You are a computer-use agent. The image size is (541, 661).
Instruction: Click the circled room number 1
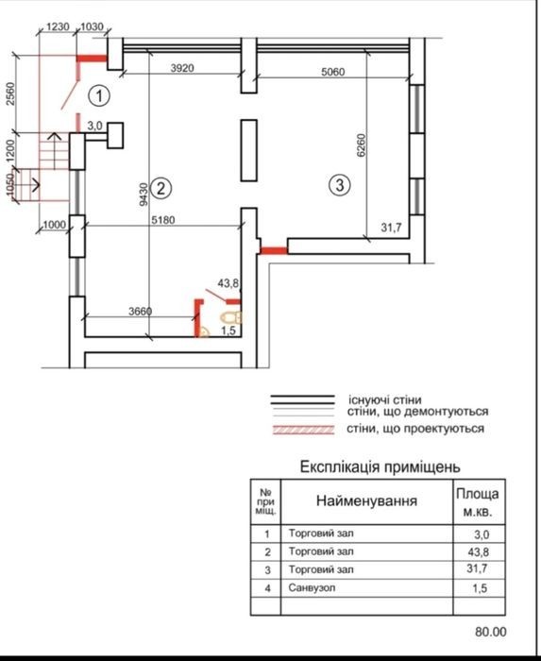tap(99, 96)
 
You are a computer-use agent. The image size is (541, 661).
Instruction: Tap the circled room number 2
tap(161, 188)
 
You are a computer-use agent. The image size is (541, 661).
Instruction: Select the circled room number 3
tap(340, 185)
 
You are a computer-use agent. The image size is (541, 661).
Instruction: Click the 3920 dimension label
tap(182, 68)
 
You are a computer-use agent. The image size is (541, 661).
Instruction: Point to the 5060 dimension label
tap(333, 72)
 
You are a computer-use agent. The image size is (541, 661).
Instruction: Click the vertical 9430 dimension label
tap(144, 194)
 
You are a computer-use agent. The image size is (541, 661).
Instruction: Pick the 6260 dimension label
tap(362, 145)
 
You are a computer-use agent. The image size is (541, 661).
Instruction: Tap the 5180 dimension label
tap(163, 220)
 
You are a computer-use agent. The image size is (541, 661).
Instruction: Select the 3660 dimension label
tap(140, 311)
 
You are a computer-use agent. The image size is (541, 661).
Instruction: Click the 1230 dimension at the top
tap(58, 26)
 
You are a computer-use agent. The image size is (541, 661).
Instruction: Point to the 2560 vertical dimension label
tap(10, 93)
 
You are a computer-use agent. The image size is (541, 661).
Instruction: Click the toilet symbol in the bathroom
tap(231, 317)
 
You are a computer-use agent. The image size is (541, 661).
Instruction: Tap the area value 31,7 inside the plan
tap(391, 228)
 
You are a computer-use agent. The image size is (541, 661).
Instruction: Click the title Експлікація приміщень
tap(380, 466)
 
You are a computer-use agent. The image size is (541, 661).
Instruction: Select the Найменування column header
tap(366, 500)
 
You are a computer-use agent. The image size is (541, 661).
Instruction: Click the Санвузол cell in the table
tap(312, 587)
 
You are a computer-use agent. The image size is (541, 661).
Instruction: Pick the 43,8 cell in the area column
tap(478, 551)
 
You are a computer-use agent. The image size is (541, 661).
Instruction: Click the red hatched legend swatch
tap(303, 430)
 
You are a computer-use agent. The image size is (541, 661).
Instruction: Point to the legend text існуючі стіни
tap(384, 399)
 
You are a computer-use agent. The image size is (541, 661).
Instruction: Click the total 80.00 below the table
tap(491, 632)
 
